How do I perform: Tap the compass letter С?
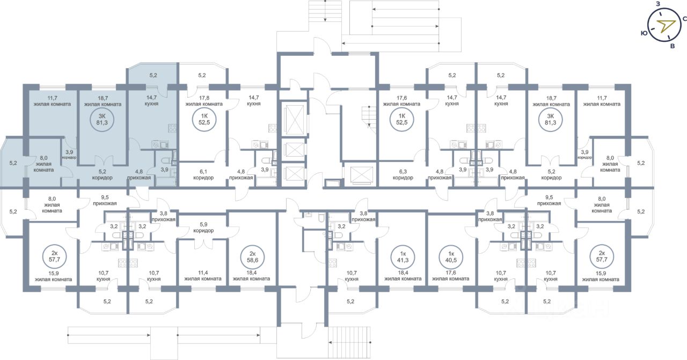pos(684,19)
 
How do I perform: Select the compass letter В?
pos(673,46)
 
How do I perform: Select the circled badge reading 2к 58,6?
pos(252,257)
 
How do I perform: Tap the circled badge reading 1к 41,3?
pos(403,257)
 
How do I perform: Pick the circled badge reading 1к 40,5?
pos(451,257)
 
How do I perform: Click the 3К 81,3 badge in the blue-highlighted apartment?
pos(102,120)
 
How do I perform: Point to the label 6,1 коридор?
pos(203,175)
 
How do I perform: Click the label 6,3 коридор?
pos(403,175)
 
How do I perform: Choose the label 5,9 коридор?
pos(203,227)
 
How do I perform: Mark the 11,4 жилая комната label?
pos(203,276)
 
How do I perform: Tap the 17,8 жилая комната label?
pos(204,101)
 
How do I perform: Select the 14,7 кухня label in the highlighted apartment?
pos(151,100)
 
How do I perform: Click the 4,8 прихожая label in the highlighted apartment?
pos(139,175)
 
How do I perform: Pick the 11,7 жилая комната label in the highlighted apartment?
pos(52,101)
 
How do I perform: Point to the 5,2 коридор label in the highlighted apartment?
pos(102,175)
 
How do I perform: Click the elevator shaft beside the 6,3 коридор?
pos(362,175)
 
